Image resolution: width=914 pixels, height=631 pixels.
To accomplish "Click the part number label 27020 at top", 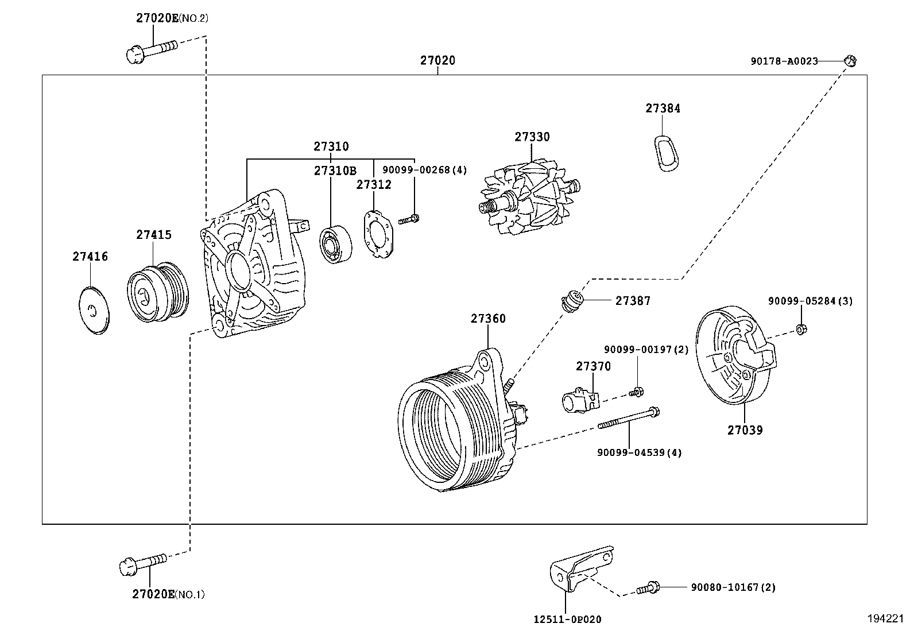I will (x=437, y=60).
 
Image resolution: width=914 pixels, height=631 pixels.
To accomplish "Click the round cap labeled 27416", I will (x=94, y=309).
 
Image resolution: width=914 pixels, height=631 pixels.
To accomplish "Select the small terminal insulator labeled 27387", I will (x=571, y=301).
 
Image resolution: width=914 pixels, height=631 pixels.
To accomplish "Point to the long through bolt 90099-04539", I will (x=629, y=419).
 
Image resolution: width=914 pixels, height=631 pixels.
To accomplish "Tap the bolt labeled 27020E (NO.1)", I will (x=142, y=563).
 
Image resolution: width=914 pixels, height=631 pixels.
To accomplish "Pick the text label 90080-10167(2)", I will (x=733, y=587).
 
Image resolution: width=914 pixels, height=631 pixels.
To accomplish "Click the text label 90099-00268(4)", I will (x=424, y=170).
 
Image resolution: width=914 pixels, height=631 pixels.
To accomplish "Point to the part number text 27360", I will (x=488, y=319).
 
